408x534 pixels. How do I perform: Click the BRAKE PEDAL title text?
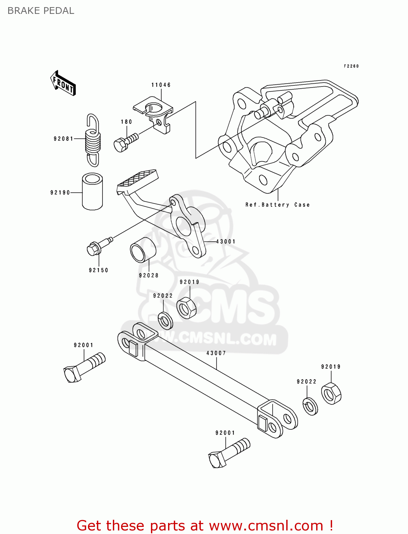(41, 11)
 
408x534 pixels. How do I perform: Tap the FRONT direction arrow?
(63, 83)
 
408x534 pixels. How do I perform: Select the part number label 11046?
(161, 85)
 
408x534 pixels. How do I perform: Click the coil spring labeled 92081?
(93, 140)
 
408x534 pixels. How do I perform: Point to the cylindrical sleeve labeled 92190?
(93, 192)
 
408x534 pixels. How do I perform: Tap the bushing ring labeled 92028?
(143, 250)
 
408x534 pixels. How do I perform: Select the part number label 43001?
(226, 241)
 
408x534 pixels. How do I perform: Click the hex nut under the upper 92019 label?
(187, 308)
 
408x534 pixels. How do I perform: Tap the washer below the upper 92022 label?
(165, 320)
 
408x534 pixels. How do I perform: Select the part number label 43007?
(216, 353)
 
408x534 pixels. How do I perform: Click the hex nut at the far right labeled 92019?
(331, 393)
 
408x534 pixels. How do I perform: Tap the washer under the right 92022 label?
(310, 406)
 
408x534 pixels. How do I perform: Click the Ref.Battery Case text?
(277, 205)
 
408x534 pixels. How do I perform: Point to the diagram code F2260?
(351, 66)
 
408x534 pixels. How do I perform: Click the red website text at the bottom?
(205, 525)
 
